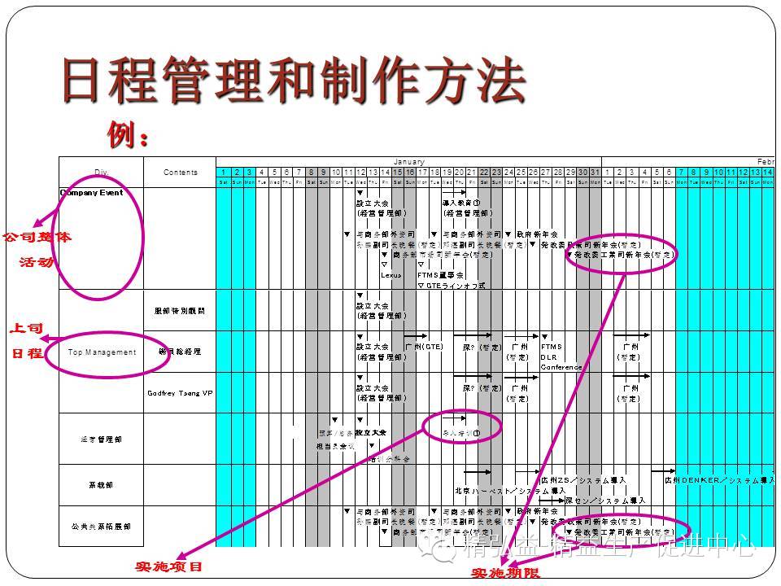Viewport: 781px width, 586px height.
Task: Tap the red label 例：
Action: click(x=128, y=133)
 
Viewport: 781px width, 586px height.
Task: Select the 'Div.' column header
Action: click(x=100, y=173)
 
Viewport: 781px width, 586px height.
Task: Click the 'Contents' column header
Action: click(x=180, y=173)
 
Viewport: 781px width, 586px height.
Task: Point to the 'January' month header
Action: click(x=408, y=162)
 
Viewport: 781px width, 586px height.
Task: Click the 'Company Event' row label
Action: click(x=91, y=193)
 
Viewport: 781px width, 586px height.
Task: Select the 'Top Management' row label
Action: click(x=102, y=352)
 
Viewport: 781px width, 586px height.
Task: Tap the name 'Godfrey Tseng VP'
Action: click(x=180, y=392)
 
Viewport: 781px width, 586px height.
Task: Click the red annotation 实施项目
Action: click(x=168, y=566)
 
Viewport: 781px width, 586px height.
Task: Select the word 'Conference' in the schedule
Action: click(x=561, y=367)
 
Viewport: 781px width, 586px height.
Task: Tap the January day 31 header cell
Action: click(x=595, y=173)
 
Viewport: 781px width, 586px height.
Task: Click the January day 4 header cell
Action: click(x=262, y=173)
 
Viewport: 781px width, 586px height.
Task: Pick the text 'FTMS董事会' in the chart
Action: click(x=440, y=275)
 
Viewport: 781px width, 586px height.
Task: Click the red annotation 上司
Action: click(x=26, y=330)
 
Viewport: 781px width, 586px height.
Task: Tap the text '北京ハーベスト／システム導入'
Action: click(x=510, y=491)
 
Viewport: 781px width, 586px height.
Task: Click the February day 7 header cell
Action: click(x=681, y=173)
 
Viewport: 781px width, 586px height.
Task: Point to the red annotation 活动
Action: click(x=36, y=262)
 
